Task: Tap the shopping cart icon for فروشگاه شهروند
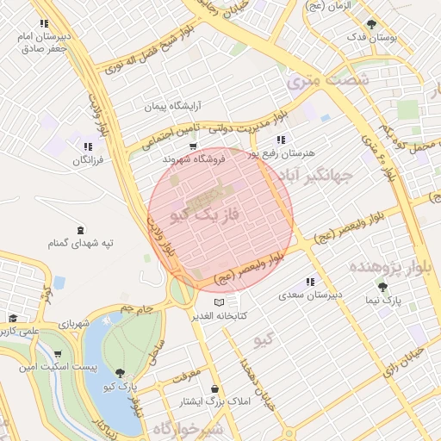193,146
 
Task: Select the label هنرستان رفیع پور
282,152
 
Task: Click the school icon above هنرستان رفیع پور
281,140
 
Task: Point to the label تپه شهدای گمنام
82,244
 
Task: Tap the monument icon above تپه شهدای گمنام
81,230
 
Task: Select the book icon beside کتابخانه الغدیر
219,303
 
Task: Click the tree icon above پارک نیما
382,287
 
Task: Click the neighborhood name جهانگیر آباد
342,177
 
